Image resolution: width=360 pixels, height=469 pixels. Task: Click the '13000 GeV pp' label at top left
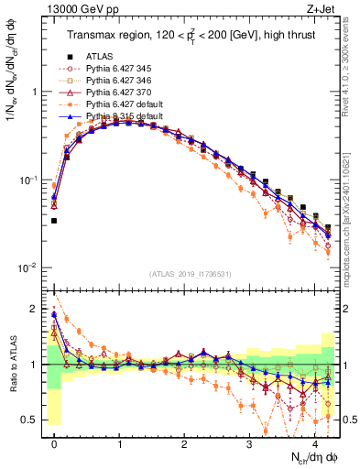80,9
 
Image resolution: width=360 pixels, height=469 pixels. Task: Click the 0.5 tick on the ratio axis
35,420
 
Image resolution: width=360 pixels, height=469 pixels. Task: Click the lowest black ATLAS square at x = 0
54,221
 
